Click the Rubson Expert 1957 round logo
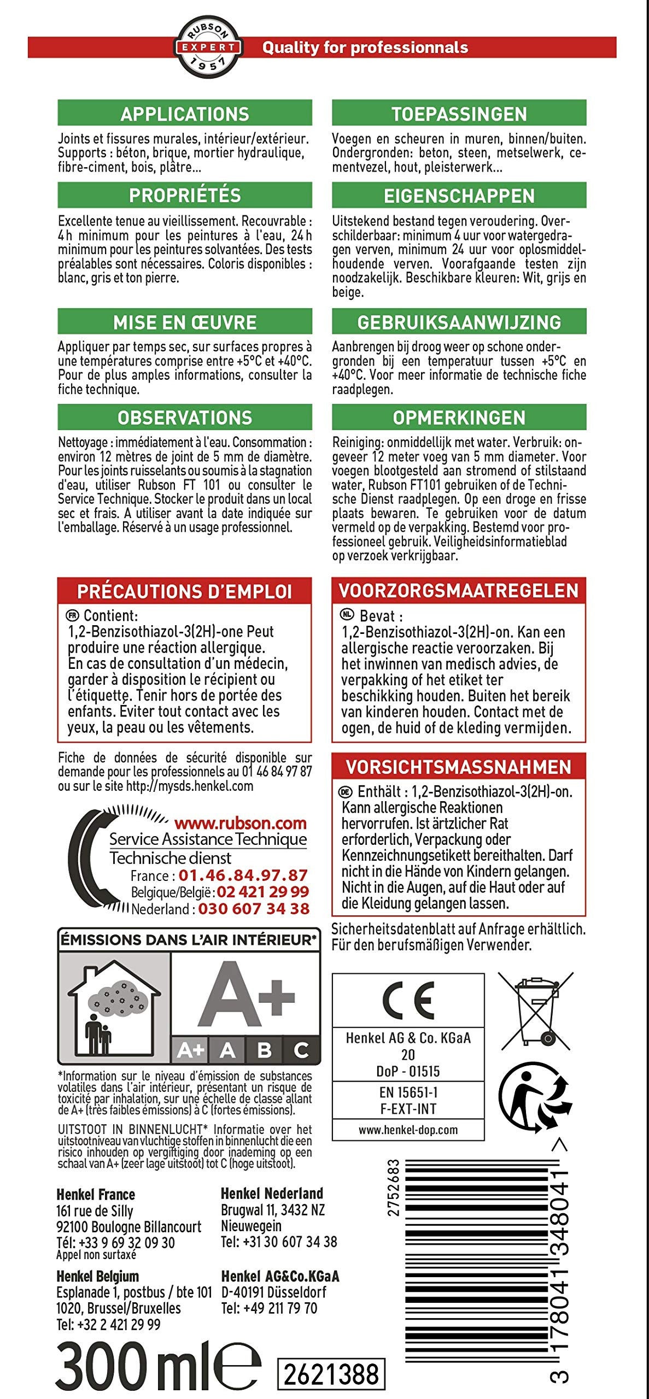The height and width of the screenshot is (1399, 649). point(208,47)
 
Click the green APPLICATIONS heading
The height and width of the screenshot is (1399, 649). point(185,114)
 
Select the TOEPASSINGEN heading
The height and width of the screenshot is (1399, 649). point(459,114)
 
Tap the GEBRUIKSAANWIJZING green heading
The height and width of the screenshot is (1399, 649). point(459,322)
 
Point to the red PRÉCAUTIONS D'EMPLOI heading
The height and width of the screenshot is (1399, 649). point(185,591)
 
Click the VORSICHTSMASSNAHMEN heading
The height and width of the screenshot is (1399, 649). point(459,767)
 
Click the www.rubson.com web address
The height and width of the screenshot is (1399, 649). point(240,823)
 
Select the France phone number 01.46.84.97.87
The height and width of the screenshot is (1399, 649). point(243,875)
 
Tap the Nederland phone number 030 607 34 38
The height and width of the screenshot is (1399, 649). point(254,909)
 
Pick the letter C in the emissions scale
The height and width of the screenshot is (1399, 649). point(301,1050)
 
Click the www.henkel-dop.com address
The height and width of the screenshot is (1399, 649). point(408,1129)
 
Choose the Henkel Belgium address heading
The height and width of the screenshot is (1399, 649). point(98,1276)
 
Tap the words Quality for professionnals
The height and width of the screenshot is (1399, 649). point(365,48)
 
